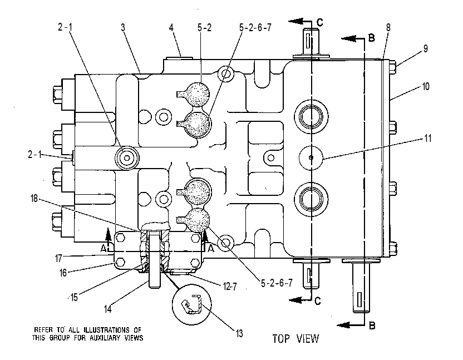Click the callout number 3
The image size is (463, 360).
click(x=123, y=27)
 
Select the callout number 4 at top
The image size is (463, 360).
click(x=171, y=27)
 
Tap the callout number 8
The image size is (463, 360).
click(x=388, y=27)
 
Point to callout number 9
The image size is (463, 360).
click(x=426, y=49)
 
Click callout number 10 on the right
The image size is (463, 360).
click(x=426, y=87)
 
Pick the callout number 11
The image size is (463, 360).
click(x=428, y=138)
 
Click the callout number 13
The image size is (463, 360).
click(x=239, y=333)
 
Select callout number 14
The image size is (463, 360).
click(x=108, y=309)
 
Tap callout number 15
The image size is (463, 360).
click(x=74, y=297)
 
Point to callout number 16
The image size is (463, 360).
click(x=63, y=273)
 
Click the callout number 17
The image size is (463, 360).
click(x=58, y=258)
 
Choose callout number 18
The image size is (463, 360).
click(x=35, y=199)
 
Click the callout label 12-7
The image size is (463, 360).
click(x=230, y=286)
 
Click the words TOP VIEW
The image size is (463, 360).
click(x=295, y=338)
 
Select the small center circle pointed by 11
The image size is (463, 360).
click(x=311, y=157)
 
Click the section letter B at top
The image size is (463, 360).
click(x=372, y=38)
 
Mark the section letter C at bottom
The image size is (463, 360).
click(x=317, y=301)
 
